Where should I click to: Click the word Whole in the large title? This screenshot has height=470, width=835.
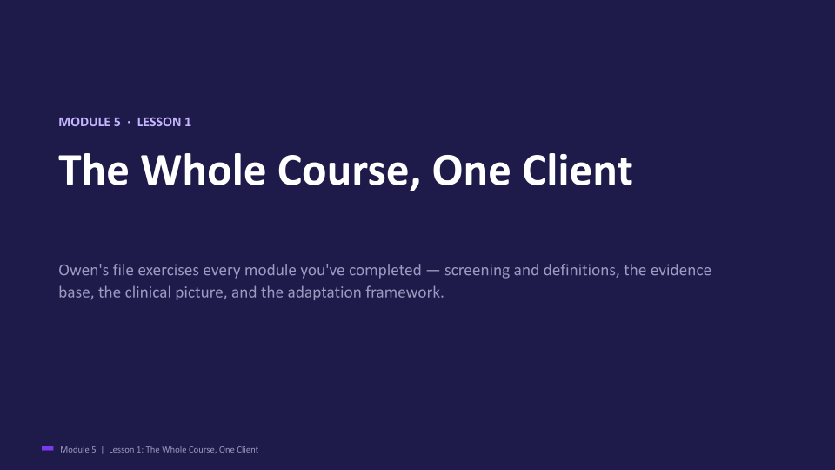coord(203,170)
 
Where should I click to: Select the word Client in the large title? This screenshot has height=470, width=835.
coord(577,170)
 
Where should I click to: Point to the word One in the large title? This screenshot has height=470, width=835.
coord(471,171)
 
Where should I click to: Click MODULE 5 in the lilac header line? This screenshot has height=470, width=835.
coord(90,122)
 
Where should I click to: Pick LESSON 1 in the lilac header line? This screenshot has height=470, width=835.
coord(164,122)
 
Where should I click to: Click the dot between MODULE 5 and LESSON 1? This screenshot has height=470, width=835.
coord(129,122)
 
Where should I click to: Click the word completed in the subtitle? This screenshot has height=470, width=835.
coord(385,271)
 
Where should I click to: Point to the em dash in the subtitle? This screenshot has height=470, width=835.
coord(433,271)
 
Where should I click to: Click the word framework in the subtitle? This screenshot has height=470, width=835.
coord(404,292)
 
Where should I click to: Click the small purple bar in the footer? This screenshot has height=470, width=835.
coord(47,449)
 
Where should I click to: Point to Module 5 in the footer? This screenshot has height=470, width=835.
coord(78,450)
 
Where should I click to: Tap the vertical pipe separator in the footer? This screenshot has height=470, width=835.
coord(103,450)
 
